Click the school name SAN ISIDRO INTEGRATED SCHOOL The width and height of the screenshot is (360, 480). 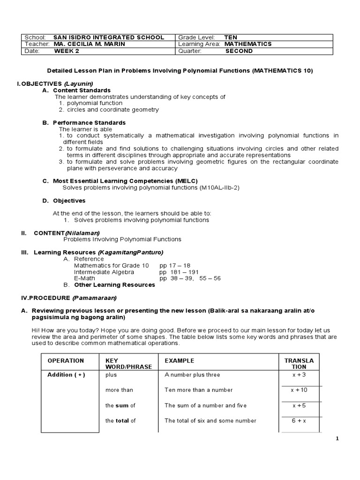tap(109, 37)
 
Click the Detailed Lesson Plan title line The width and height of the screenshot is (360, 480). tap(180, 71)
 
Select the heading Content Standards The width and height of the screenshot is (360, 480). tap(82, 90)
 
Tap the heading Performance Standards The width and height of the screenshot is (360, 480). tap(89, 123)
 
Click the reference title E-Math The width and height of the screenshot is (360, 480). tap(84, 278)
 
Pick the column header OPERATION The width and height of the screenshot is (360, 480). tap(66, 361)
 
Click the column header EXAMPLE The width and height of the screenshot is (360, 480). tap(179, 361)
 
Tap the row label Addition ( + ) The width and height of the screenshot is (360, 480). tap(66, 375)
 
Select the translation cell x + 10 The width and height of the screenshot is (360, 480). tap(299, 390)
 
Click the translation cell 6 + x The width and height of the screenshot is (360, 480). tap(299, 420)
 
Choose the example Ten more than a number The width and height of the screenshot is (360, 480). tap(198, 390)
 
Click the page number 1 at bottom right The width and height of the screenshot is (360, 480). tap(337, 438)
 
